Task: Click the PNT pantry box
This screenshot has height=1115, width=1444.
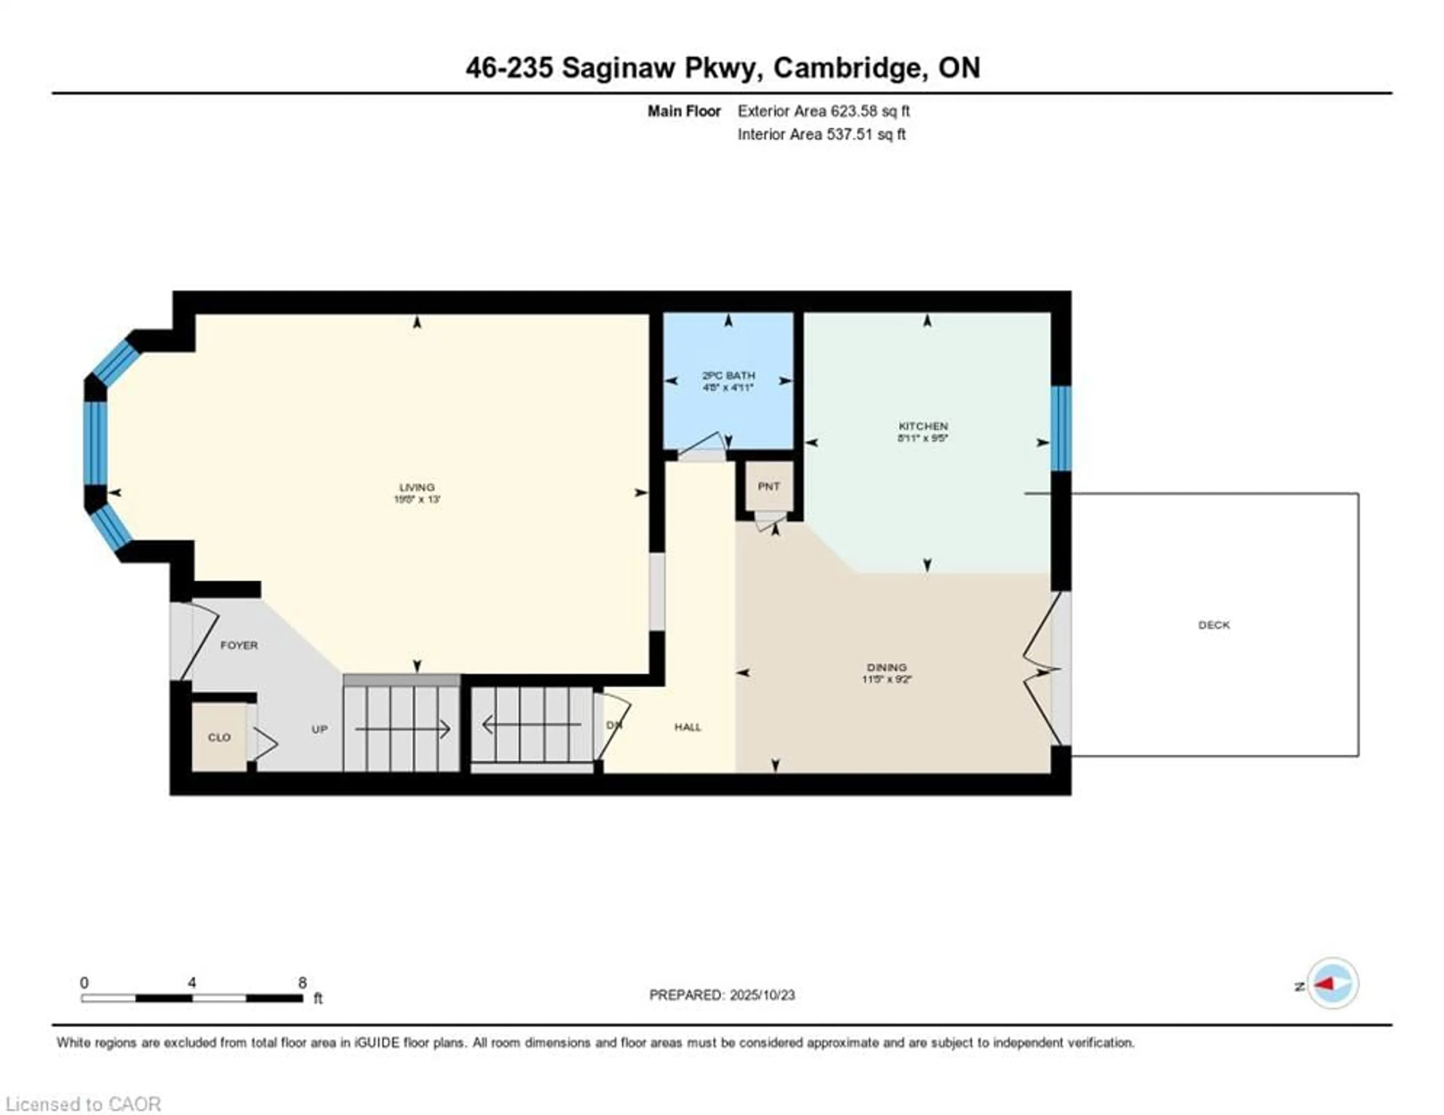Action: [768, 486]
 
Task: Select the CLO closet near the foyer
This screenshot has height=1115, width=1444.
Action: [219, 737]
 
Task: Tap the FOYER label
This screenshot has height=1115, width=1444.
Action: [239, 645]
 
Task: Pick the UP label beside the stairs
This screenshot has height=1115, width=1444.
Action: [319, 729]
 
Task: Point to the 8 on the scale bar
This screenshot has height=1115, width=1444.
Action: [302, 983]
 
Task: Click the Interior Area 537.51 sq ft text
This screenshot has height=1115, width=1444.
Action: [821, 134]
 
